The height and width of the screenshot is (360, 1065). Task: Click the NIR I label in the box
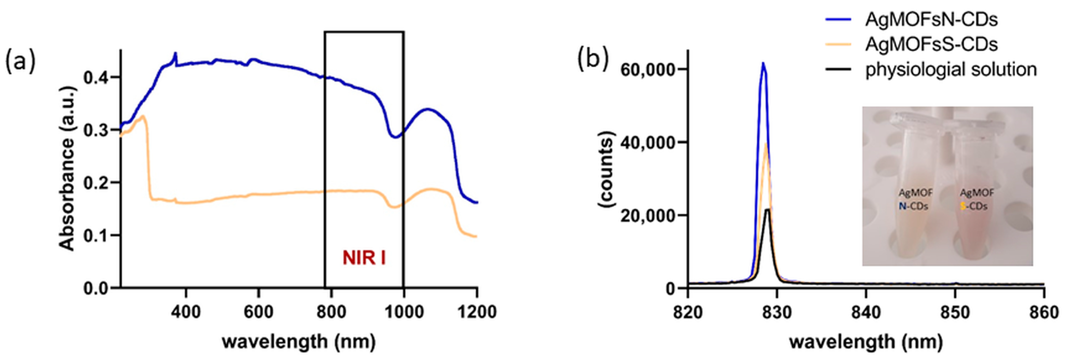point(364,258)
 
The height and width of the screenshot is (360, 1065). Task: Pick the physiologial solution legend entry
point(951,69)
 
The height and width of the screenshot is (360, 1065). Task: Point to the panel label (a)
point(20,61)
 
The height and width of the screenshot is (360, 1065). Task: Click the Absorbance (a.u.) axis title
point(67,169)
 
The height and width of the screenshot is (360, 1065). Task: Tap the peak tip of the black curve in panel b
point(768,210)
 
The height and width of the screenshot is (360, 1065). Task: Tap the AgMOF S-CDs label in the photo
point(976,199)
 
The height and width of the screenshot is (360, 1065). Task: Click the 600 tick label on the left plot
point(258,312)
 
